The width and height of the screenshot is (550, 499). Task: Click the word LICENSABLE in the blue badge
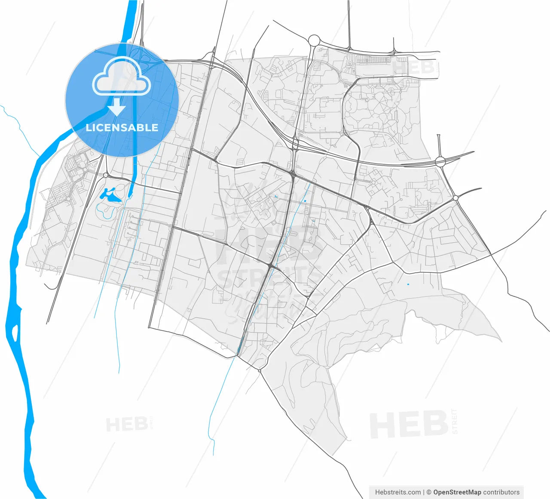click(122, 127)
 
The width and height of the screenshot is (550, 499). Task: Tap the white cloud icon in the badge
click(122, 77)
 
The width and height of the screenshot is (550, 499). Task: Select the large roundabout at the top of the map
click(314, 40)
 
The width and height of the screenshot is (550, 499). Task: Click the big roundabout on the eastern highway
click(440, 161)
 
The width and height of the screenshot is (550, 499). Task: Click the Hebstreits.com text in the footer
click(398, 492)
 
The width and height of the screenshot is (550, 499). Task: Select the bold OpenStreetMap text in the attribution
click(457, 492)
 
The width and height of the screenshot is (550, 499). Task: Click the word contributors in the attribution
click(501, 492)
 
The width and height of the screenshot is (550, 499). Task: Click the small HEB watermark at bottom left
click(127, 425)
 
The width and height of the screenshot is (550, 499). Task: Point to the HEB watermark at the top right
click(413, 68)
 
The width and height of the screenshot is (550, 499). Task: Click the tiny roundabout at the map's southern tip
click(260, 370)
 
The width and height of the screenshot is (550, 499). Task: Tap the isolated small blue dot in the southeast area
click(408, 284)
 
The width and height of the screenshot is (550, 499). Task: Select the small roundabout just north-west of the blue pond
click(106, 175)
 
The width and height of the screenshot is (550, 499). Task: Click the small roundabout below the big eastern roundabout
click(455, 198)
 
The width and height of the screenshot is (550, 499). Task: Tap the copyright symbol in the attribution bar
click(428, 492)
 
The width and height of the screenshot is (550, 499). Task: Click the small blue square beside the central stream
click(305, 201)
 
